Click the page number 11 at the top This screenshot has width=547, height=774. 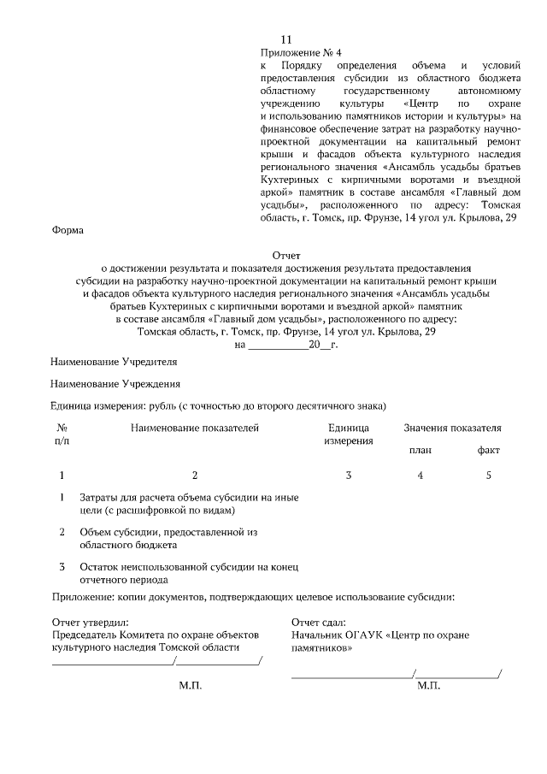point(286,40)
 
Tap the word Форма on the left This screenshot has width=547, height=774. point(68,230)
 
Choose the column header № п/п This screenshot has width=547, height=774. point(62,434)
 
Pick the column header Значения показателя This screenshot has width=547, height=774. point(452,428)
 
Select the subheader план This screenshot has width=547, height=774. point(420,451)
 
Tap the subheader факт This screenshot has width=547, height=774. point(488,451)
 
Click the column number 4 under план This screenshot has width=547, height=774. point(420,476)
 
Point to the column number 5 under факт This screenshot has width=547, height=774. point(488,476)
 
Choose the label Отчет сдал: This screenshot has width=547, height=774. point(319,623)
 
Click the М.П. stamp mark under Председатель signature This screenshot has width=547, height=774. point(190,686)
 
